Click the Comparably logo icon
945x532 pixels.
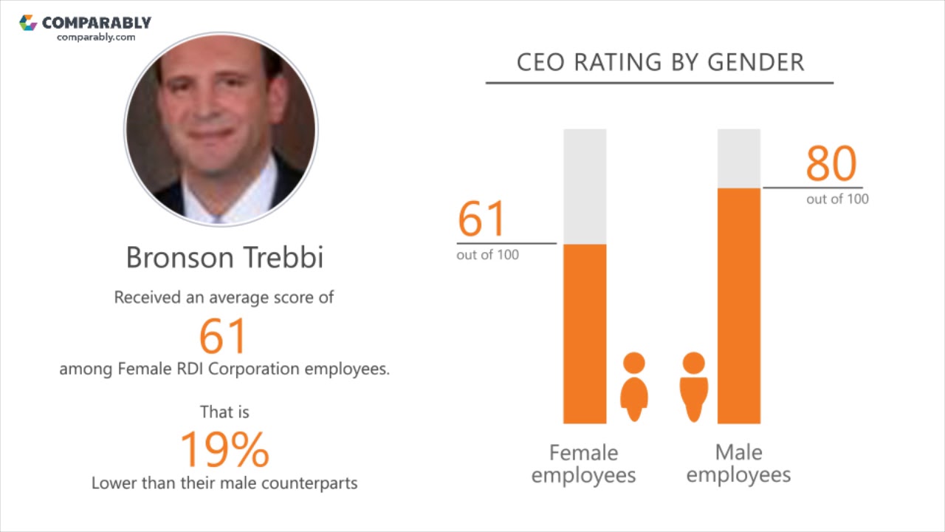pos(28,23)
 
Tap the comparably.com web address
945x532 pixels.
pos(96,37)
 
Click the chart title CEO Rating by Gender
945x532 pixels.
pos(660,62)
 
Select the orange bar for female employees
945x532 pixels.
pos(585,333)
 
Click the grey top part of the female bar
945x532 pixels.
pos(585,185)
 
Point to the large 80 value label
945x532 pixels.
pos(831,164)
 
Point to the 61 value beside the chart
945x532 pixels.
pos(481,219)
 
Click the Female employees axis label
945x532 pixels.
pos(583,463)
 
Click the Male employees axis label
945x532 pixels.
pos(738,463)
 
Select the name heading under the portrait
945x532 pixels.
pos(224,257)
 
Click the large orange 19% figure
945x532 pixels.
pos(224,449)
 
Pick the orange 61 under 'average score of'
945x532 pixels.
pos(222,335)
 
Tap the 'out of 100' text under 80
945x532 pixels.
pos(837,199)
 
